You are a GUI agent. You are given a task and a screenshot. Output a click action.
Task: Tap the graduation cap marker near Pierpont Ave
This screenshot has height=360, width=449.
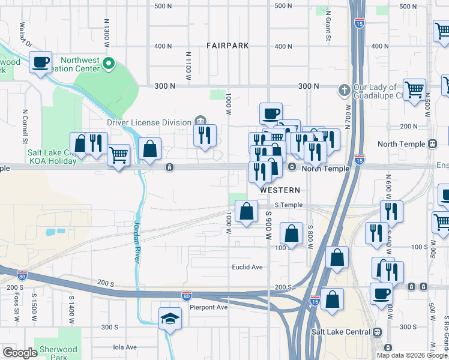click(x=170, y=319)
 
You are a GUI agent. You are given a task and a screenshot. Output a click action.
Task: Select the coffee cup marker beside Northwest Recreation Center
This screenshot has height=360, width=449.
click(x=40, y=62)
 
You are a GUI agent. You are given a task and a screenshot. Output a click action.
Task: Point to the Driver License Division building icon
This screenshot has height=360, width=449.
click(x=200, y=122)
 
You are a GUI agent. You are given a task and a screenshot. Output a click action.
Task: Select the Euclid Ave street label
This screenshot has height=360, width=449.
click(x=247, y=267)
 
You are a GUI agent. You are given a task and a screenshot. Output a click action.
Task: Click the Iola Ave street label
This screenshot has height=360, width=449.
click(x=125, y=347)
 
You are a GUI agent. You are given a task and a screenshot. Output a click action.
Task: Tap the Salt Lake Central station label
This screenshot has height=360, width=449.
click(x=340, y=332)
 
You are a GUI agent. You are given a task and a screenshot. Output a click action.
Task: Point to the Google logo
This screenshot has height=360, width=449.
click(x=20, y=353)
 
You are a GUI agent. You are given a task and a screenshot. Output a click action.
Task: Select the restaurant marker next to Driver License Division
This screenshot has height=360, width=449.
click(x=205, y=136)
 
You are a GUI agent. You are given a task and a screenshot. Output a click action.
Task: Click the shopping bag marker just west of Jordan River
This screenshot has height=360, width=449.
click(x=149, y=150)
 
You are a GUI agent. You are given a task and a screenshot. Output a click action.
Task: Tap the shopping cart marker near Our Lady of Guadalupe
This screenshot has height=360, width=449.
click(x=414, y=91)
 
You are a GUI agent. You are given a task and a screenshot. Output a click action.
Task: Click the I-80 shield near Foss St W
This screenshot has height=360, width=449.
click(x=22, y=276)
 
